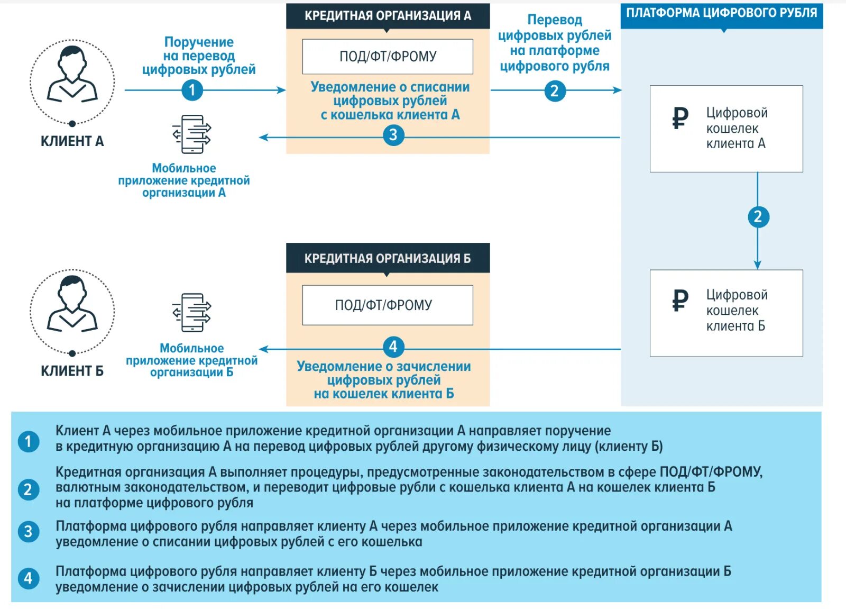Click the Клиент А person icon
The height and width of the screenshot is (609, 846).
click(x=72, y=77)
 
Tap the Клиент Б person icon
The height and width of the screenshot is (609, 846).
click(x=72, y=307)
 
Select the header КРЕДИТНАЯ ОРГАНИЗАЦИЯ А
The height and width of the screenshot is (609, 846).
click(x=388, y=16)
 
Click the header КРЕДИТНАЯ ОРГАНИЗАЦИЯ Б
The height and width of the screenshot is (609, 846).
click(x=388, y=258)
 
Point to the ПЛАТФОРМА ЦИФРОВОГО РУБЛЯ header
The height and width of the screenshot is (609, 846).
click(x=721, y=13)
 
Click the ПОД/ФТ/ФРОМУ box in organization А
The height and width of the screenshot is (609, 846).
click(x=388, y=57)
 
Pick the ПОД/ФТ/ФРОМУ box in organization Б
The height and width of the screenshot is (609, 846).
click(x=388, y=305)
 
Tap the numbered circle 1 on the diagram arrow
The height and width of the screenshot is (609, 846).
click(x=192, y=90)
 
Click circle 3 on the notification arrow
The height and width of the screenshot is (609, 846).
click(x=393, y=135)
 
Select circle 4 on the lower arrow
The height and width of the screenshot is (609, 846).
click(x=393, y=347)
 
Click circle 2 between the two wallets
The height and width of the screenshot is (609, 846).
click(x=758, y=216)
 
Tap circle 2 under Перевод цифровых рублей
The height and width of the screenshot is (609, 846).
click(x=555, y=91)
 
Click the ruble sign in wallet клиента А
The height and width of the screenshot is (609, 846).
click(x=680, y=117)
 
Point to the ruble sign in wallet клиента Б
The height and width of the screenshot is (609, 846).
click(x=680, y=300)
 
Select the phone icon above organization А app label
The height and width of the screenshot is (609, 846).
click(x=192, y=134)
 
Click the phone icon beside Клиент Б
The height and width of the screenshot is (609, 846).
click(x=192, y=313)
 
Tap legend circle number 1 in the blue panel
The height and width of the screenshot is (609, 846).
click(x=28, y=441)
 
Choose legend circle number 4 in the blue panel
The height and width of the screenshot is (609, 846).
click(x=28, y=578)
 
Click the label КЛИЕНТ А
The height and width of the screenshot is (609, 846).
click(x=72, y=141)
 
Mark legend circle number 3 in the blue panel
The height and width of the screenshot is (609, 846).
click(x=28, y=532)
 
